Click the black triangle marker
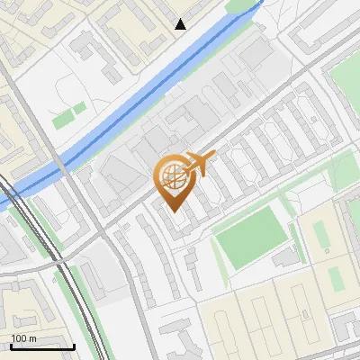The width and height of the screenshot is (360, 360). pos(181,24)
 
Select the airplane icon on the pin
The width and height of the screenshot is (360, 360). pos(201,164)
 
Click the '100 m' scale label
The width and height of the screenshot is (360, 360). pos(23,338)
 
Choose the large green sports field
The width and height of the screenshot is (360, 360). pos(252,238)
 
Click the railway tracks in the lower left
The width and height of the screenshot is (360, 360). pos(72,297)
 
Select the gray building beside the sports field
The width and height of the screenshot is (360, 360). pos(284,258)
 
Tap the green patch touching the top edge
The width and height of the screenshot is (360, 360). pos(241,4)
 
